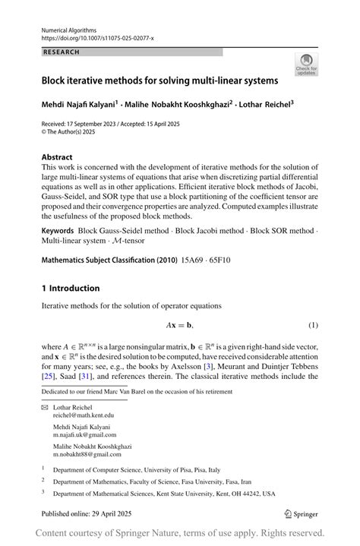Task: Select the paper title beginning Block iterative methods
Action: point(159,79)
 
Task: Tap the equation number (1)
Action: point(313,326)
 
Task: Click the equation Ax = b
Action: point(179,326)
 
